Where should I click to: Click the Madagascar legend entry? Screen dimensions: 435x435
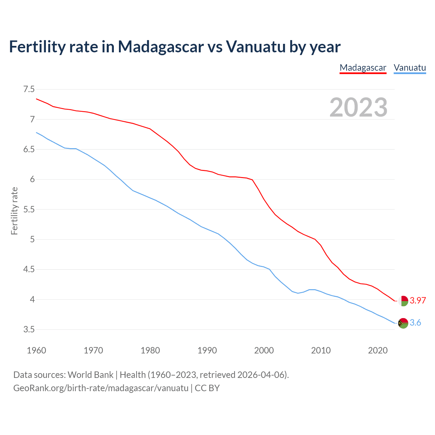[x=363, y=68]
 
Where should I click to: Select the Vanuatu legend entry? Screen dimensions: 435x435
[x=410, y=68]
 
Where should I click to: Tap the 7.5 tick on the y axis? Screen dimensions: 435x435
[x=29, y=89]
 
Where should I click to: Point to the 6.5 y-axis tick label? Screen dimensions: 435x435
[x=29, y=150]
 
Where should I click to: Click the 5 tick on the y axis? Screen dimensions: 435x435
[x=32, y=240]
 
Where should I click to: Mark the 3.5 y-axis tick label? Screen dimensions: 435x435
[x=29, y=330]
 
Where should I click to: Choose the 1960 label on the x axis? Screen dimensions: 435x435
[x=36, y=350]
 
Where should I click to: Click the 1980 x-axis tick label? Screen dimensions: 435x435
[x=150, y=350]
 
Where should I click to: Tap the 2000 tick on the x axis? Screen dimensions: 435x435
[x=264, y=350]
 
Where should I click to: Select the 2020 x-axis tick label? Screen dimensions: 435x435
[x=378, y=350]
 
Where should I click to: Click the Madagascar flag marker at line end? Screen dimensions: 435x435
[x=403, y=301]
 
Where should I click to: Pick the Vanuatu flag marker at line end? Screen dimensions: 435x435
[x=403, y=323]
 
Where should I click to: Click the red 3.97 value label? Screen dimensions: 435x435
[x=418, y=301]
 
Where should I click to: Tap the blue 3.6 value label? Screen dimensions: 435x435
[x=415, y=323]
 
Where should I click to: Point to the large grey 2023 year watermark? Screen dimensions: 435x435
[x=359, y=107]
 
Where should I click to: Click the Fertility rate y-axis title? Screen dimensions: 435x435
[x=14, y=211]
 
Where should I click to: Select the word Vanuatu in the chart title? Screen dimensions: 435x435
[x=256, y=47]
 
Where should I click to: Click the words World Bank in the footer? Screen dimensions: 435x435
[x=90, y=375]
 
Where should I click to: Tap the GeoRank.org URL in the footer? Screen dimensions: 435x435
[x=101, y=388]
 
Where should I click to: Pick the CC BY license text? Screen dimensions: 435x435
[x=207, y=388]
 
